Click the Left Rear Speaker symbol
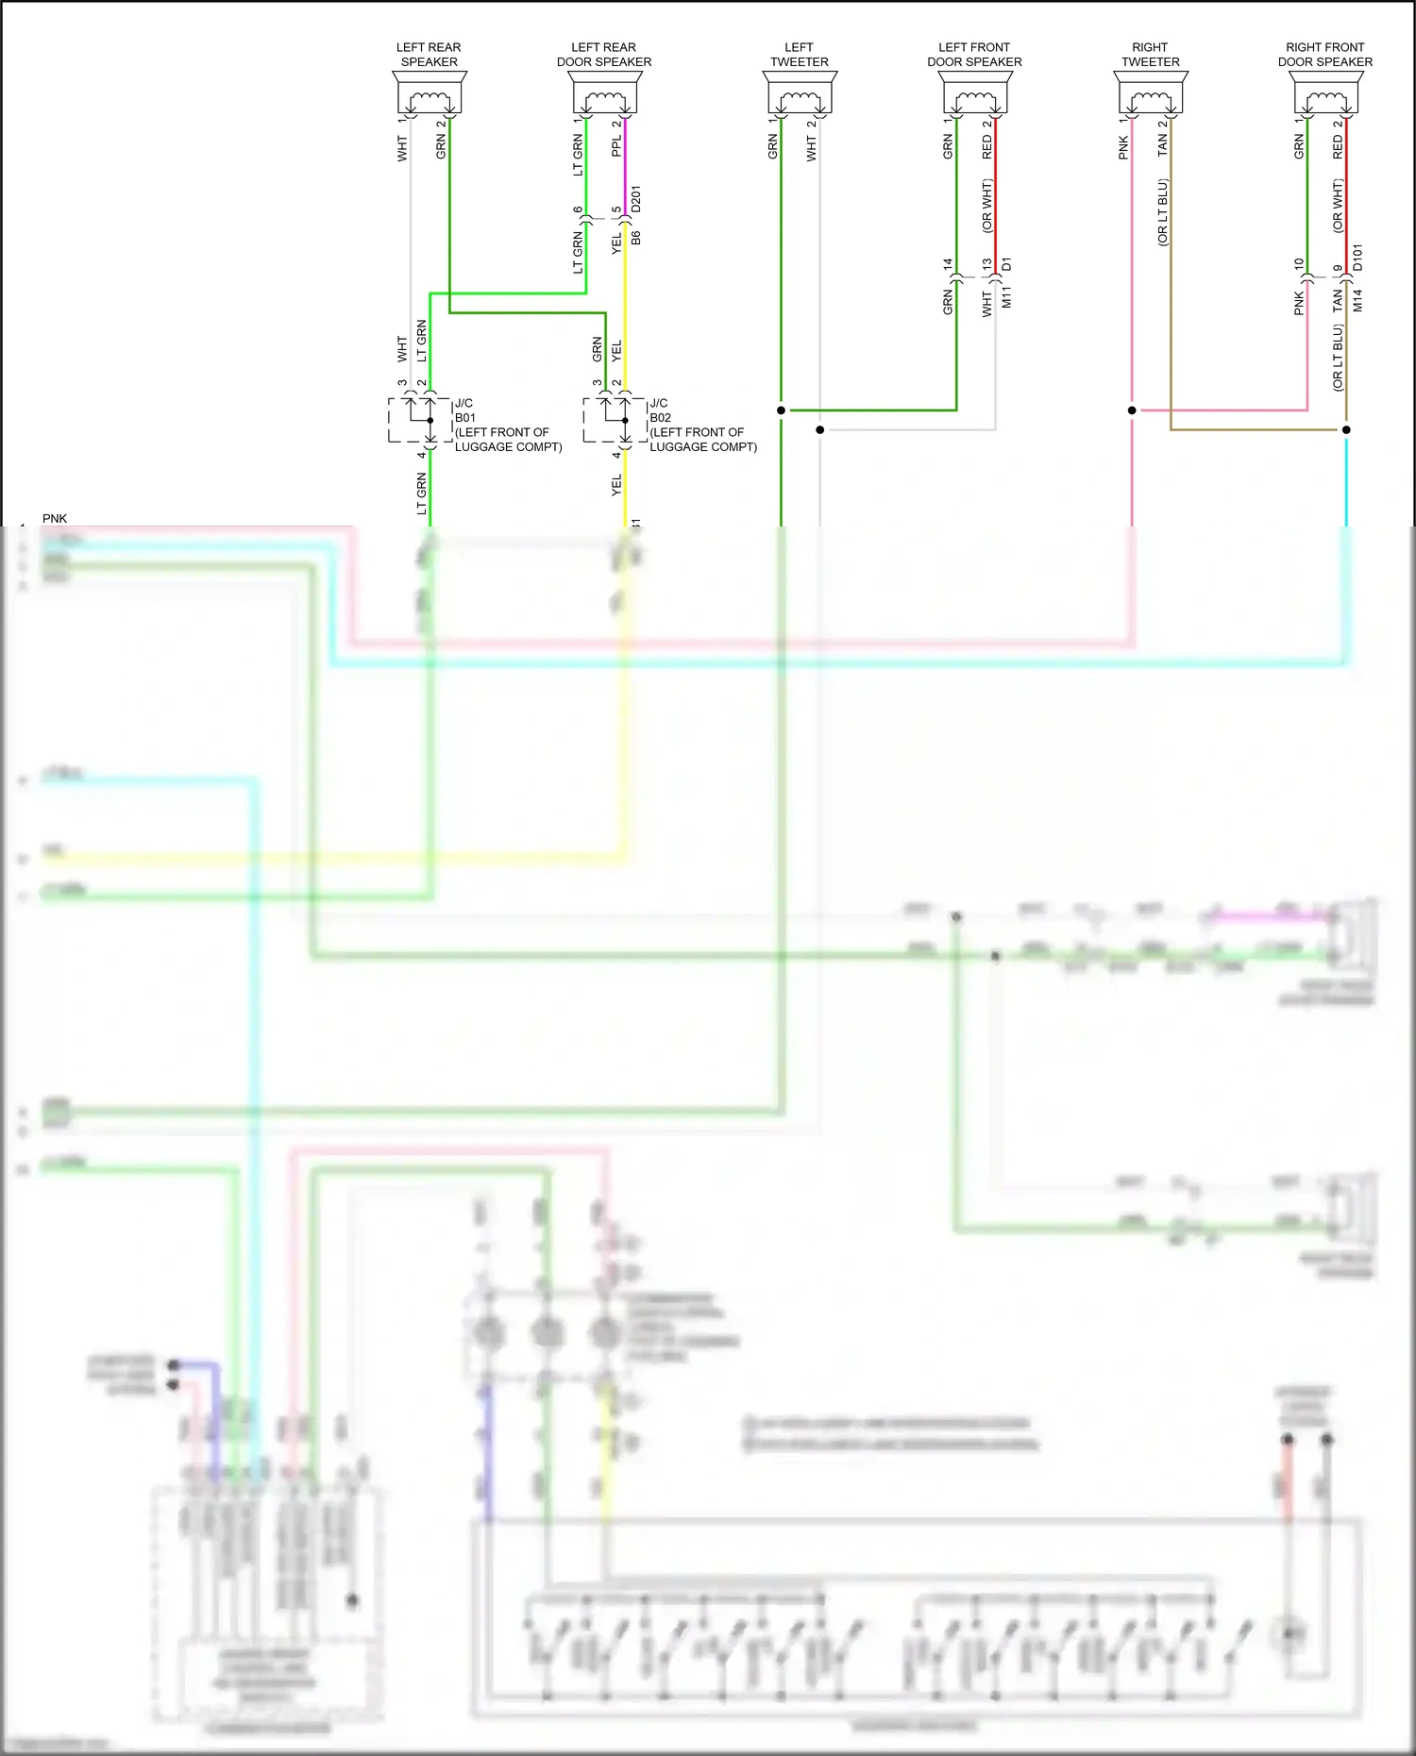coord(430,94)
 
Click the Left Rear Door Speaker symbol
coord(604,94)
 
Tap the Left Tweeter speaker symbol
coord(800,94)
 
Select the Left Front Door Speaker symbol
coord(975,94)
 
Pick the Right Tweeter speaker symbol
coord(1151,94)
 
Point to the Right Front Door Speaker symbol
coord(1325,94)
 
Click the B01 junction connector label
coord(465,418)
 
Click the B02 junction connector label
coord(660,418)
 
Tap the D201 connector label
coord(636,199)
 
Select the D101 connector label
coord(1358,258)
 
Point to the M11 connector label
coord(1007,298)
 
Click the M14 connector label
coord(1358,301)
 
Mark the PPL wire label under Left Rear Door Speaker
coord(616,146)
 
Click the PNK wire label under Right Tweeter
coord(1123,147)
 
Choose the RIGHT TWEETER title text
coord(1150,55)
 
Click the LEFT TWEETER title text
coord(799,55)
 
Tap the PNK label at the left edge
coord(55,519)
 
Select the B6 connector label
coord(636,238)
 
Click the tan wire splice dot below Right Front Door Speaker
coord(1346,430)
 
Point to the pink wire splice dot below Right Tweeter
coord(1132,410)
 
